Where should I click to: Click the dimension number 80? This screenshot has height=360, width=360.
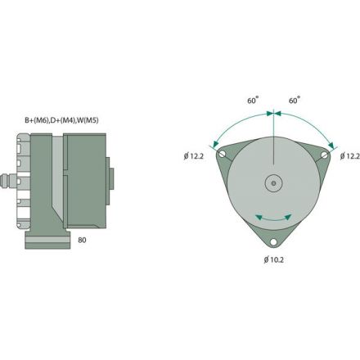pos(83,241)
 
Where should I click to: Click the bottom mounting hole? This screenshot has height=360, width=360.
pos(272,242)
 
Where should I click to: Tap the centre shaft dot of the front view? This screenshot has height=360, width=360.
pos(272,182)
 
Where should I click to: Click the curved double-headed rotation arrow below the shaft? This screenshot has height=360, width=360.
pos(272,217)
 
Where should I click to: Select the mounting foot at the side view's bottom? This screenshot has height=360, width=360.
pos(41,239)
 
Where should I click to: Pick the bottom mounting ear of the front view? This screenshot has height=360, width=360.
pos(272,237)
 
